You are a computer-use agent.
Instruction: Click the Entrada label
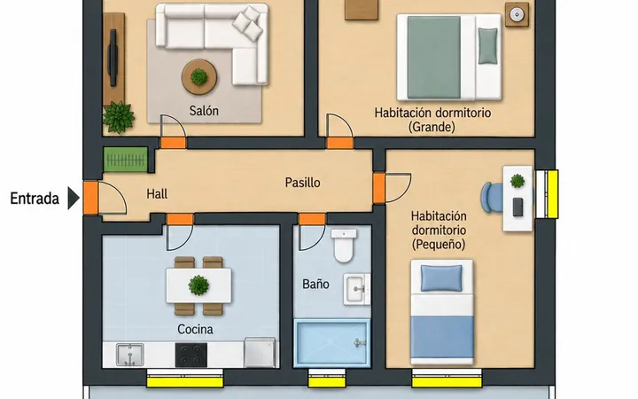point(35,199)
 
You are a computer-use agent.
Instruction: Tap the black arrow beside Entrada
point(74,199)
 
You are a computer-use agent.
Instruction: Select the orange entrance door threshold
point(90,198)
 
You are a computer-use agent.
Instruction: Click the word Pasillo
point(302,183)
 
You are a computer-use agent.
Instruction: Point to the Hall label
point(157,194)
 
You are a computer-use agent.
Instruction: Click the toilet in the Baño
point(344,246)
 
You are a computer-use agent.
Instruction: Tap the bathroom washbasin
point(357,289)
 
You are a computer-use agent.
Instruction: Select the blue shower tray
point(332,343)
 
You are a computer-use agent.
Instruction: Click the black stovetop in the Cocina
point(191,355)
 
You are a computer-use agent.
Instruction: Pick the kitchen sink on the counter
point(130,355)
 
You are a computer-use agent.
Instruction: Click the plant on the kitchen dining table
point(198,285)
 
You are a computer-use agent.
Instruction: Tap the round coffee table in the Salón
point(199,77)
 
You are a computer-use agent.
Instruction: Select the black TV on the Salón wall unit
point(113,58)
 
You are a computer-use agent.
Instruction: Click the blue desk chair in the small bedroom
point(493,198)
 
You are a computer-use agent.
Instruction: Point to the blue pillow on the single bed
point(441,278)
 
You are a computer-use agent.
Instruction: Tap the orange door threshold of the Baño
point(312,219)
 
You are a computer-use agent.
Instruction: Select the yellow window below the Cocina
point(185,382)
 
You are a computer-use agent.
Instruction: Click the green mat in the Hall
point(125,160)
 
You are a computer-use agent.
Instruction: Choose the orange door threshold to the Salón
point(174,143)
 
